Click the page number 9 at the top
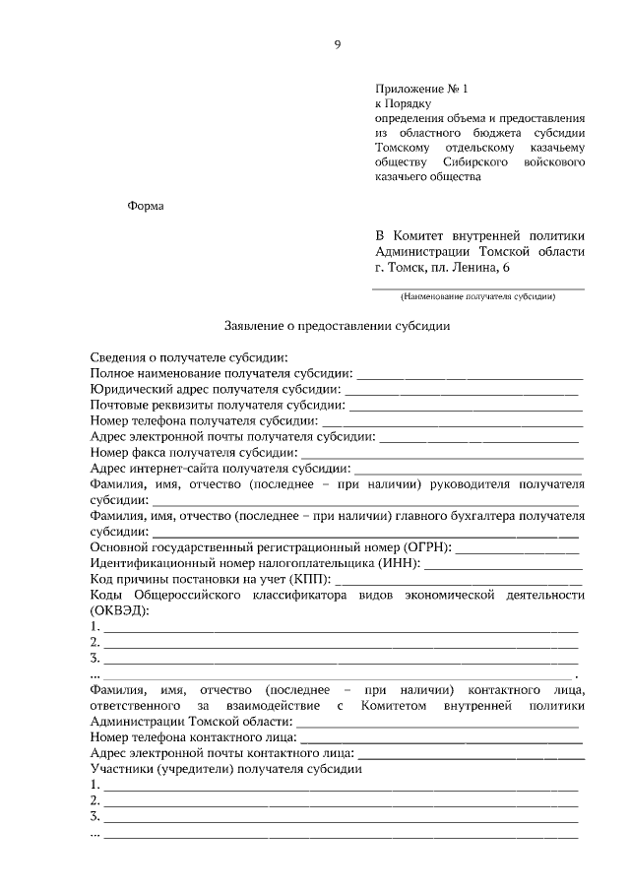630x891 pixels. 337,43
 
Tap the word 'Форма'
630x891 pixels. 146,206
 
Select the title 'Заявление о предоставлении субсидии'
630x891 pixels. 337,327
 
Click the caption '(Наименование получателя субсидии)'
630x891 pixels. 477,296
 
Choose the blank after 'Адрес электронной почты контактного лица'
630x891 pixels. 472,753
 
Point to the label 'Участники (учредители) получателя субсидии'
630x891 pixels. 226,769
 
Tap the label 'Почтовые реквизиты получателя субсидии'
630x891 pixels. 217,405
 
